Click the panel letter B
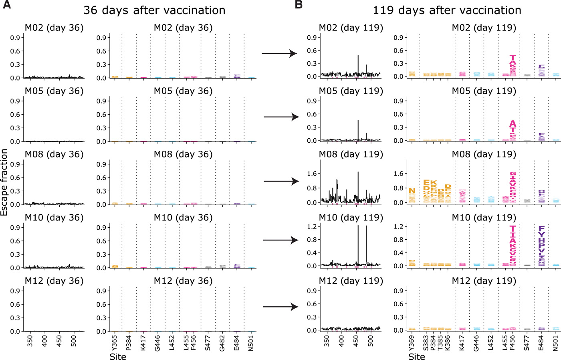coord(299,6)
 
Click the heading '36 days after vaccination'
coord(154,10)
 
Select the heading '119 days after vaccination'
coord(447,10)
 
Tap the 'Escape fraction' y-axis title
coord(4,182)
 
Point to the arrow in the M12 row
coord(280,307)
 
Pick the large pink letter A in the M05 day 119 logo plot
coord(513,124)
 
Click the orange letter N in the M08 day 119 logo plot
coord(412,191)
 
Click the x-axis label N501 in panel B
coord(555,343)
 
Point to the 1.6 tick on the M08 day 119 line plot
coord(312,174)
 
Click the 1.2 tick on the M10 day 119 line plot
coord(312,227)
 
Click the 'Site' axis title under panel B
coord(417,356)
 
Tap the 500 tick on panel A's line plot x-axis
coord(74,341)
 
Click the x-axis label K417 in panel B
coord(462,343)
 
